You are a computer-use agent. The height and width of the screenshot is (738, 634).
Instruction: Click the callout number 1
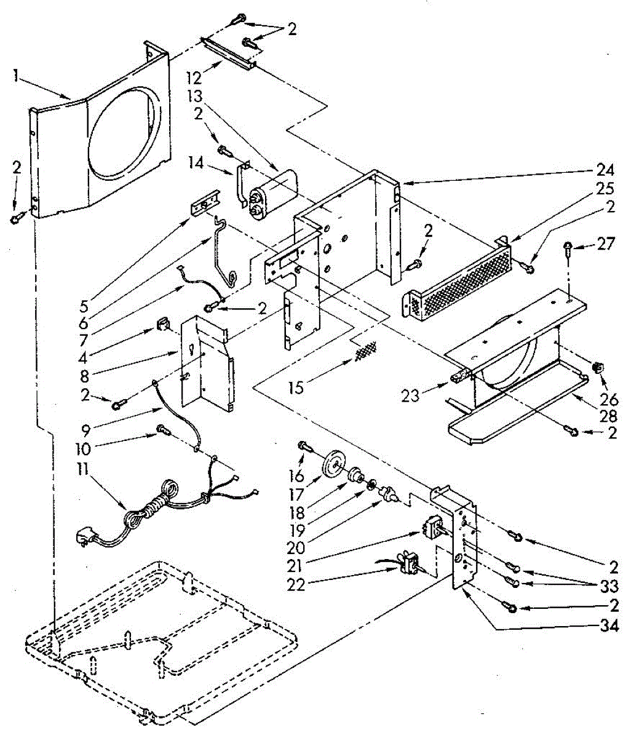[x=16, y=76]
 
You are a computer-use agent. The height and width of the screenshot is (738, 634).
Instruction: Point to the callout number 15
[x=296, y=387]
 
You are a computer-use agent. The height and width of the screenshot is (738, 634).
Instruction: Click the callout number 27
[x=606, y=244]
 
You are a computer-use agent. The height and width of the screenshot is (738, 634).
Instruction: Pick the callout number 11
[x=83, y=470]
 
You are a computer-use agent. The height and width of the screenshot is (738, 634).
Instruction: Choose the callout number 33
[x=609, y=586]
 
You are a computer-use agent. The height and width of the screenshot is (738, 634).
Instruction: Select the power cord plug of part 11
[x=87, y=538]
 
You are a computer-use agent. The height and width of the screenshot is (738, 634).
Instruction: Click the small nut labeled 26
[x=598, y=367]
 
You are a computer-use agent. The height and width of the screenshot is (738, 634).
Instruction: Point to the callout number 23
[x=410, y=395]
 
